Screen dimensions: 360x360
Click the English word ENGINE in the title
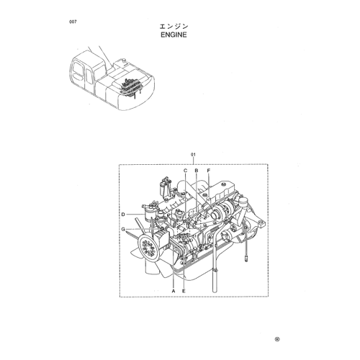174,35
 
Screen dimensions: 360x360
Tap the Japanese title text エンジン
174,26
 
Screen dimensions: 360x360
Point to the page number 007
73,22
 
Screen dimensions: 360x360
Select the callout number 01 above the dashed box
193,155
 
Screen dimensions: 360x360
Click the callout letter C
185,171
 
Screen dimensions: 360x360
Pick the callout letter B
197,171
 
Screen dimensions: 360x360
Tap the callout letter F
209,171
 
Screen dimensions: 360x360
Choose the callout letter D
123,215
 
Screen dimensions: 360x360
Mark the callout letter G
123,230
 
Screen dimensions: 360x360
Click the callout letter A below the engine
174,291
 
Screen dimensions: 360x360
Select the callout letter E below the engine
184,291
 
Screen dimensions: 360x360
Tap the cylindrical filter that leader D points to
149,214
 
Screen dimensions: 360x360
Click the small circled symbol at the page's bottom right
277,339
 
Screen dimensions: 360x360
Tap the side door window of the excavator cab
89,76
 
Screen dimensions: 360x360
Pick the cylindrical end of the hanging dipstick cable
246,259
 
